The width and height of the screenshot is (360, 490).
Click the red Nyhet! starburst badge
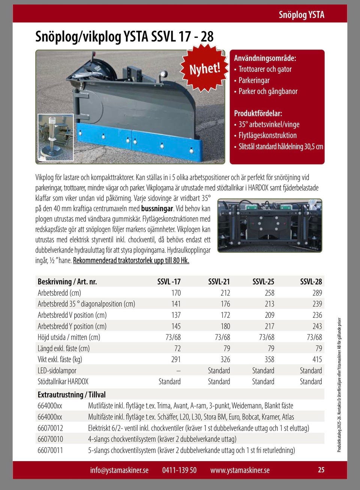(204, 68)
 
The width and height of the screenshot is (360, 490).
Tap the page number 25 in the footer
(321, 470)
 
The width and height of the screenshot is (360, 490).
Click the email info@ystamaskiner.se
(119, 470)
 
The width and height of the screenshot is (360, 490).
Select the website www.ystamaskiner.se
(240, 470)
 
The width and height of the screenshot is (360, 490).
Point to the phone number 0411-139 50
(179, 470)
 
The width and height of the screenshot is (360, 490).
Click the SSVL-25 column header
(263, 281)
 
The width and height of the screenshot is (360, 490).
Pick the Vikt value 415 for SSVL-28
(317, 359)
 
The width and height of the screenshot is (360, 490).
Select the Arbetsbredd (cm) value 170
(176, 293)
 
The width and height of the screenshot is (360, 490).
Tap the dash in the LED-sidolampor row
(178, 371)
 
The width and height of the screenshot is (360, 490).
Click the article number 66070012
(50, 428)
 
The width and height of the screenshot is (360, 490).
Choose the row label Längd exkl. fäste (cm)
(64, 349)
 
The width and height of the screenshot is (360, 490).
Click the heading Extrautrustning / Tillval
(72, 395)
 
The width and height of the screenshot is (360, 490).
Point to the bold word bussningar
(157, 209)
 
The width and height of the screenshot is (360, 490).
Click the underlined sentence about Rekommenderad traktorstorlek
(131, 261)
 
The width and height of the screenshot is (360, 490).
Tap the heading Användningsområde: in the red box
(265, 58)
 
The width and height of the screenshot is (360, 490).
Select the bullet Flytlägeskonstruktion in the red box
(267, 135)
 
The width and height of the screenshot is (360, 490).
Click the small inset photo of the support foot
(55, 137)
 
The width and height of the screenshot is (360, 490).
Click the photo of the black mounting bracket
(269, 226)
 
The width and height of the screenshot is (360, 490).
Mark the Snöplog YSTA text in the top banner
(301, 15)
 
